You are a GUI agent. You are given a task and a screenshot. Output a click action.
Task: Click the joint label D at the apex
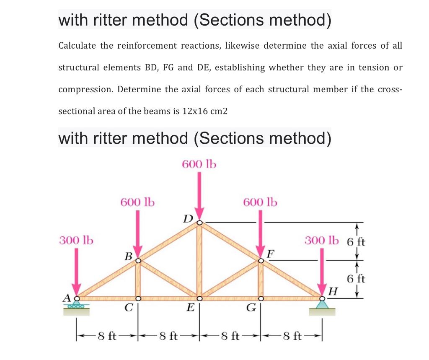pos(188,218)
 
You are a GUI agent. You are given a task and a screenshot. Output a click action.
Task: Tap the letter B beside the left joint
pos(129,256)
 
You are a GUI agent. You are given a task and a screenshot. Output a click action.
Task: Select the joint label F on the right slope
pos(271,253)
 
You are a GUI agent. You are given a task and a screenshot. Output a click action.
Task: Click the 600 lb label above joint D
pos(199,164)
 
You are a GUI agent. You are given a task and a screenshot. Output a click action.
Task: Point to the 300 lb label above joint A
pos(76,241)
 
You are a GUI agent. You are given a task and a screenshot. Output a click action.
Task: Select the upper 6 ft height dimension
pos(357,241)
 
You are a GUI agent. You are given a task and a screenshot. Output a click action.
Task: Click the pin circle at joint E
pos(199,298)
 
